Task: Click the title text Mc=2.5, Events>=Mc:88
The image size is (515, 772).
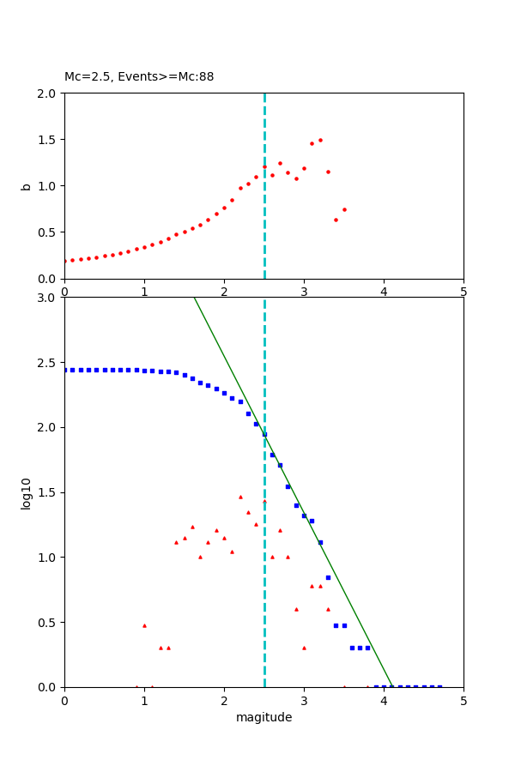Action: (x=139, y=77)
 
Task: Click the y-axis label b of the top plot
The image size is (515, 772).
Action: (x=26, y=186)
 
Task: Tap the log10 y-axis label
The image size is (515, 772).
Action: (x=26, y=492)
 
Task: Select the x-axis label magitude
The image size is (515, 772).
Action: (x=264, y=718)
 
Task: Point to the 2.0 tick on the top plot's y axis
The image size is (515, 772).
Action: (x=48, y=93)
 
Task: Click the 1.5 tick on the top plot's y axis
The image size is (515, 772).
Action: (x=48, y=140)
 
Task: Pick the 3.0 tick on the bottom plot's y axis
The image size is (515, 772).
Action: (x=48, y=298)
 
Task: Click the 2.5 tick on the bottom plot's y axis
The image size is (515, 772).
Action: (x=48, y=363)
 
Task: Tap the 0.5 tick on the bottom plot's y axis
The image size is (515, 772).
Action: (x=48, y=623)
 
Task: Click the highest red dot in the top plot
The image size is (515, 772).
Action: (x=320, y=140)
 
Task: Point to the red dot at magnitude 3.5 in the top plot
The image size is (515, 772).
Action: (x=344, y=209)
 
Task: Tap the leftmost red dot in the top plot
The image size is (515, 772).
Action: (x=65, y=261)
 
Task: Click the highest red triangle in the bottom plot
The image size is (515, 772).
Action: (x=240, y=497)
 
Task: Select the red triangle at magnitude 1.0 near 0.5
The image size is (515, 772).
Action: (x=144, y=625)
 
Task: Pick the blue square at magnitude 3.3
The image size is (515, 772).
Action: (x=328, y=577)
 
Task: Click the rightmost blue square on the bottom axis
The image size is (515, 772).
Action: (x=439, y=686)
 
